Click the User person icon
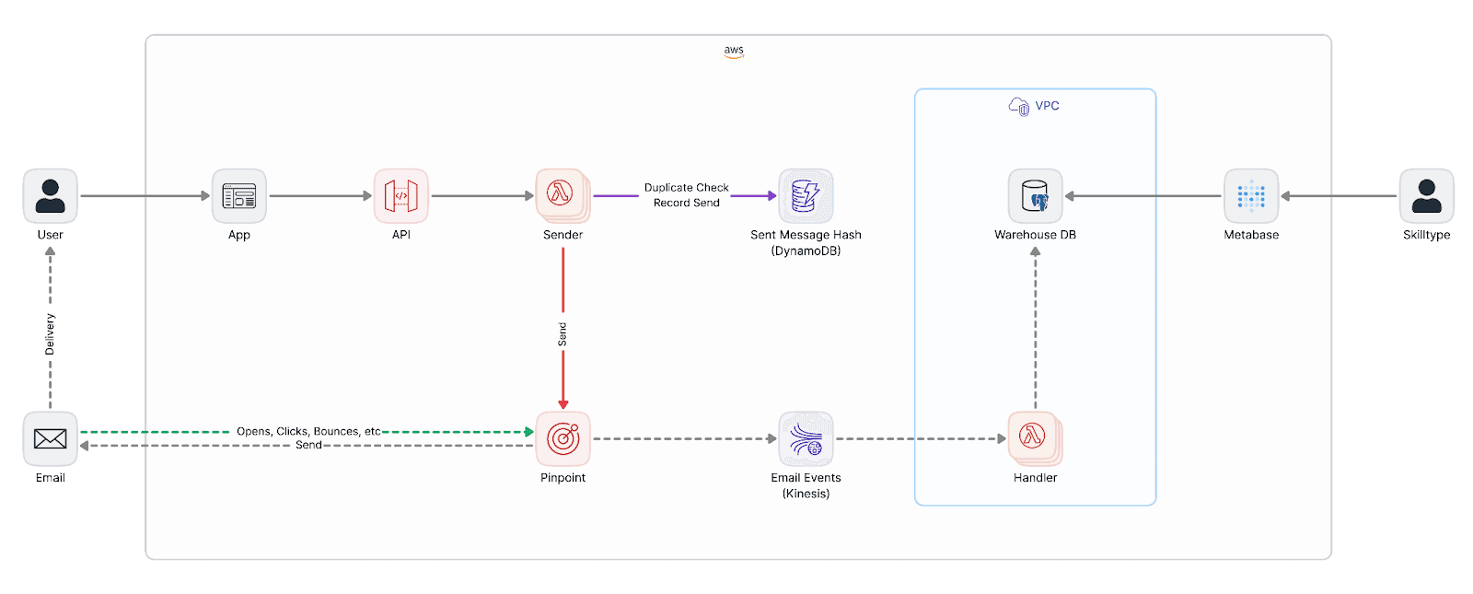(51, 196)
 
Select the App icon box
(239, 196)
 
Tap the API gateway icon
(401, 196)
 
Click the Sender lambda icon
(563, 195)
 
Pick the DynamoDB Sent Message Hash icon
(806, 196)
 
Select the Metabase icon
(1251, 196)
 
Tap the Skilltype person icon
(1426, 196)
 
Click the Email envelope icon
(51, 439)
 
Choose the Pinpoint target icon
(563, 439)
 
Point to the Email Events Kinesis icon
(806, 439)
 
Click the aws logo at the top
(734, 52)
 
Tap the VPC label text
(1047, 106)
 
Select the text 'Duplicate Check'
(686, 188)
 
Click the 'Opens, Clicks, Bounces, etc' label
(308, 431)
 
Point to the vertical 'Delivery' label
(51, 334)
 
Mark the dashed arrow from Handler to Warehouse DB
(1036, 332)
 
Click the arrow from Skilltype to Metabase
(1340, 196)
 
